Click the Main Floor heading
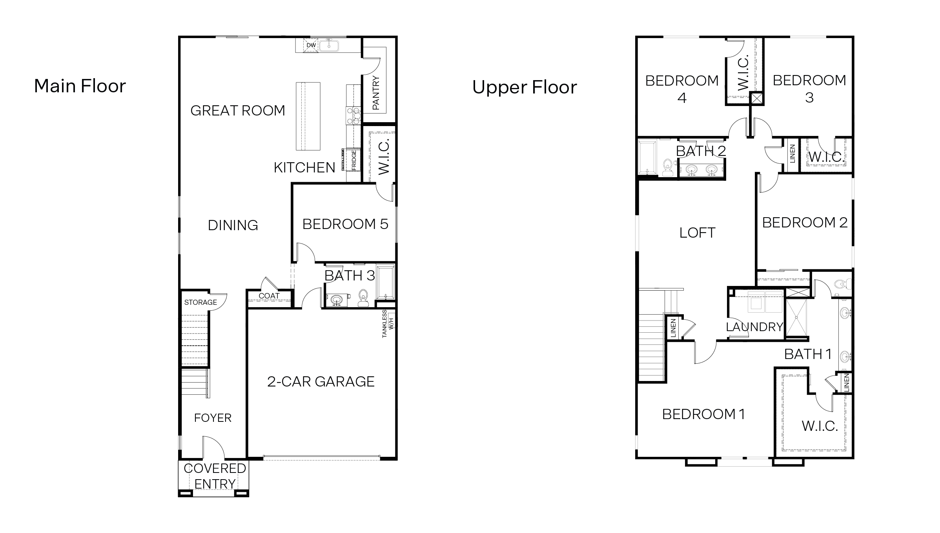pos(80,86)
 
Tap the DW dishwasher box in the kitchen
pos(311,46)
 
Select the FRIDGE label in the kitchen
pos(354,160)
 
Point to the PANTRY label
pos(376,93)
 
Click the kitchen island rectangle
pos(308,116)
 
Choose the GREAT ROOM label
pos(238,111)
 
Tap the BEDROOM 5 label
pos(345,224)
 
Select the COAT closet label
pos(269,296)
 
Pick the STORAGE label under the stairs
pos(200,302)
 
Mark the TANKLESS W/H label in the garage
pos(388,324)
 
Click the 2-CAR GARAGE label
pos(321,382)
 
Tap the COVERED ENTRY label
pos(215,476)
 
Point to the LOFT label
pos(698,233)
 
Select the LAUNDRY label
pos(754,327)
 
